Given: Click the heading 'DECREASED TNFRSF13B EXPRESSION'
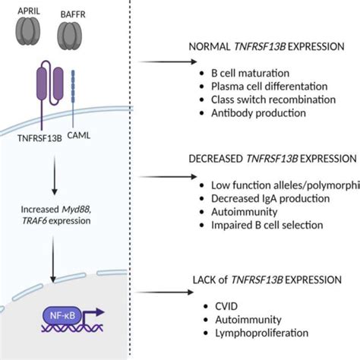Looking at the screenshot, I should [273, 159].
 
